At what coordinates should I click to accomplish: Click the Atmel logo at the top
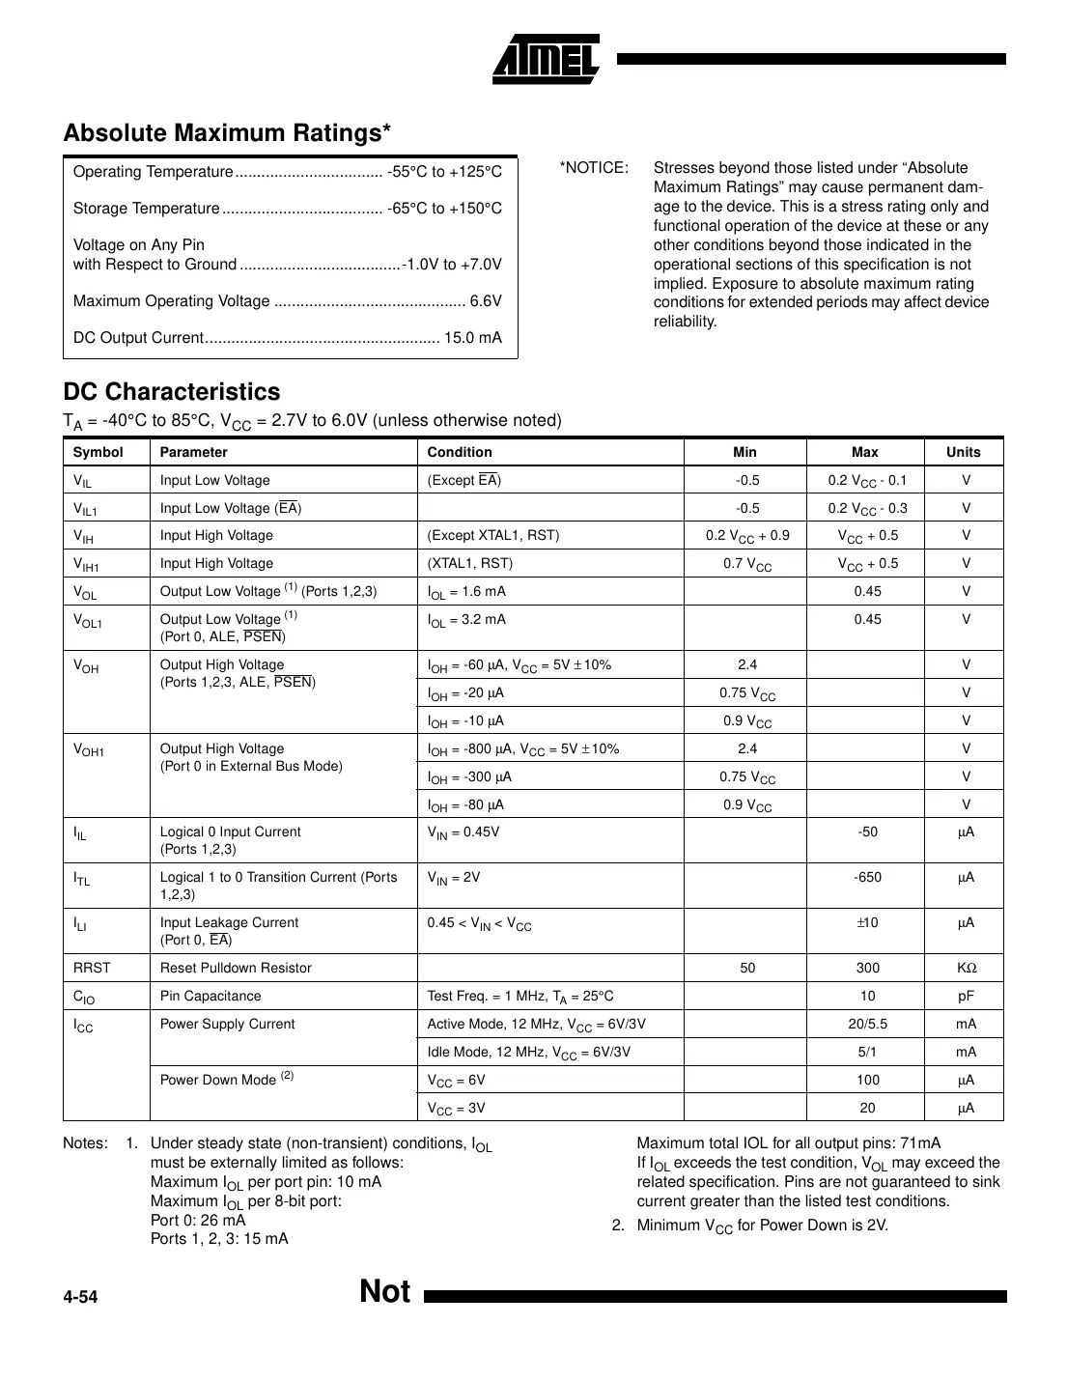(547, 60)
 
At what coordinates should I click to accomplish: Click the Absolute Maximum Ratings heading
(227, 133)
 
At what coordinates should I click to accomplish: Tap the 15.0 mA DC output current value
(472, 338)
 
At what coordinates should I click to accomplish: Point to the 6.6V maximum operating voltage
(486, 301)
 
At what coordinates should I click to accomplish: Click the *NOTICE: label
(593, 168)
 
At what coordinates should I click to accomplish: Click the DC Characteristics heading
(172, 392)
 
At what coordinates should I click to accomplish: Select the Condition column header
(460, 452)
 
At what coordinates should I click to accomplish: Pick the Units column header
(963, 452)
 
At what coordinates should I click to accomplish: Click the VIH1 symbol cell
(87, 564)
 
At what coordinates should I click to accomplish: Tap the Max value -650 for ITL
(866, 878)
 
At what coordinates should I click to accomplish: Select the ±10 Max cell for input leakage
(866, 923)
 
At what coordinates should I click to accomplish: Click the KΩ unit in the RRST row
(966, 968)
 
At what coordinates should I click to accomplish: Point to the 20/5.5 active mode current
(866, 1024)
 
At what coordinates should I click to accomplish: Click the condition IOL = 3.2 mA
(466, 620)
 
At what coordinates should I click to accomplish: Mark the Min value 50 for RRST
(746, 968)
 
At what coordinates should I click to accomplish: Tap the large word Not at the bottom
(384, 1292)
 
